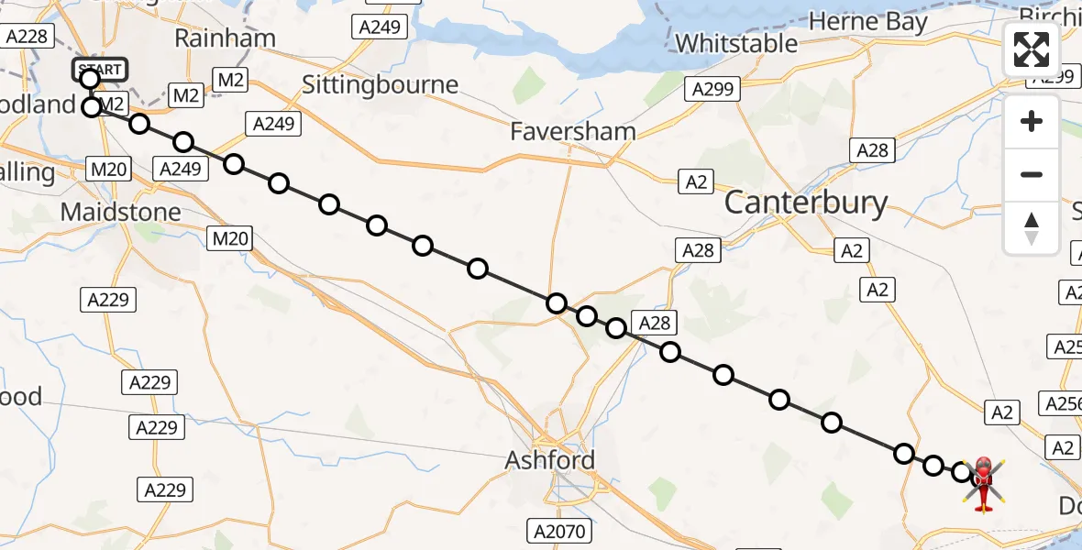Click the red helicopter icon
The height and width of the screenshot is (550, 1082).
982,482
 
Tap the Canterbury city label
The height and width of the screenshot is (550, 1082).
806,203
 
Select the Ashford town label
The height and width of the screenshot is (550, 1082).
550,460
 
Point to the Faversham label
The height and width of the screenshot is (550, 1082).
574,132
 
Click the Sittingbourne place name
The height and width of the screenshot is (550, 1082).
380,85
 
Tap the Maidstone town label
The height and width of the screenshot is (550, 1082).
120,213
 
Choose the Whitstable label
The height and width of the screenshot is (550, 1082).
736,43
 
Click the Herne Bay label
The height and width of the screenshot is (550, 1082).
868,22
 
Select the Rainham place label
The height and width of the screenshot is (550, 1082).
225,38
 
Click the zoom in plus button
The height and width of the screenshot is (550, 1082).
1032,122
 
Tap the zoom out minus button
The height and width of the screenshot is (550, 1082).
1032,174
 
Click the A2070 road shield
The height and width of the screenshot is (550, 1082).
561,530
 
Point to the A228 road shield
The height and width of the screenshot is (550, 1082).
27,37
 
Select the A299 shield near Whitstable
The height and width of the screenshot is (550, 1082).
712,89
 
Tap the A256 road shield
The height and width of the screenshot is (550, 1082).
1062,402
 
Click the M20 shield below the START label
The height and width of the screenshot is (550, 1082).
108,169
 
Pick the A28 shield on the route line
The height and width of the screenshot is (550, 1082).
655,323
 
